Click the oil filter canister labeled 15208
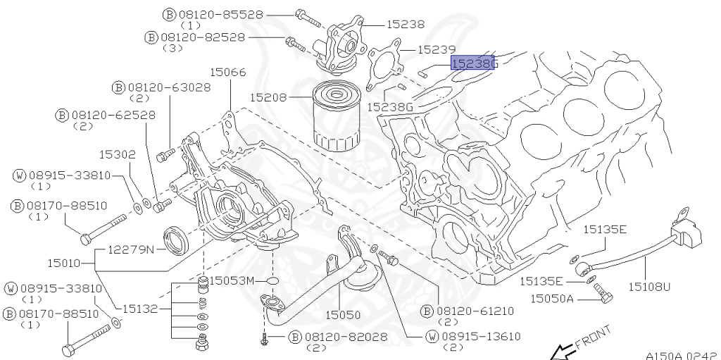click(335, 116)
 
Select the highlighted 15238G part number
click(474, 63)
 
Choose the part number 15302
click(117, 153)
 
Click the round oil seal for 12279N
click(175, 240)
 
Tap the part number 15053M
click(234, 280)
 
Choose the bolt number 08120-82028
click(346, 337)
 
